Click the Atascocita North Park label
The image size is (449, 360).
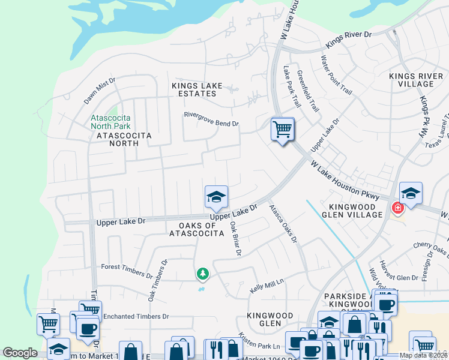[x=110, y=122]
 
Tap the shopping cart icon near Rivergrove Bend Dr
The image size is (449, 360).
[x=282, y=129]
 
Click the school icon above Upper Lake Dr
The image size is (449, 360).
[x=216, y=197]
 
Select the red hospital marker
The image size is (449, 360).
[x=397, y=208]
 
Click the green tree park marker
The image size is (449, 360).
[x=203, y=274]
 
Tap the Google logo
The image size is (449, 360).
[x=20, y=353]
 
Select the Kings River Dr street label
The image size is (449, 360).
[x=349, y=40]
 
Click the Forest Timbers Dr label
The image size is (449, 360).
[x=127, y=271]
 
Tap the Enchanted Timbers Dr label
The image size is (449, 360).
[x=136, y=316]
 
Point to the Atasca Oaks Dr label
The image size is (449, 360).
[x=283, y=224]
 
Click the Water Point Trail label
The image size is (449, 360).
[x=336, y=75]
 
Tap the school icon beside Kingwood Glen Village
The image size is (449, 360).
[x=411, y=194]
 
